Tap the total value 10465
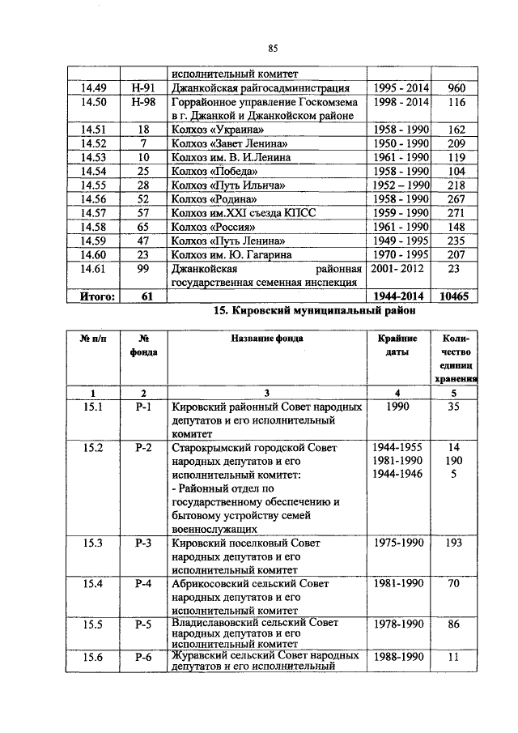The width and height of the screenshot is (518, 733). click(456, 296)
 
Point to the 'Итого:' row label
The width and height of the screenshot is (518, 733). click(97, 296)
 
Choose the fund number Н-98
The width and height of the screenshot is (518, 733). click(142, 102)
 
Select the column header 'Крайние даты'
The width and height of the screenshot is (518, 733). click(397, 345)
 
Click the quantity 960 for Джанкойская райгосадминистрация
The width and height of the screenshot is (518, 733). click(456, 87)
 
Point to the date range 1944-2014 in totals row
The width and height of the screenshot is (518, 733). click(398, 296)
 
